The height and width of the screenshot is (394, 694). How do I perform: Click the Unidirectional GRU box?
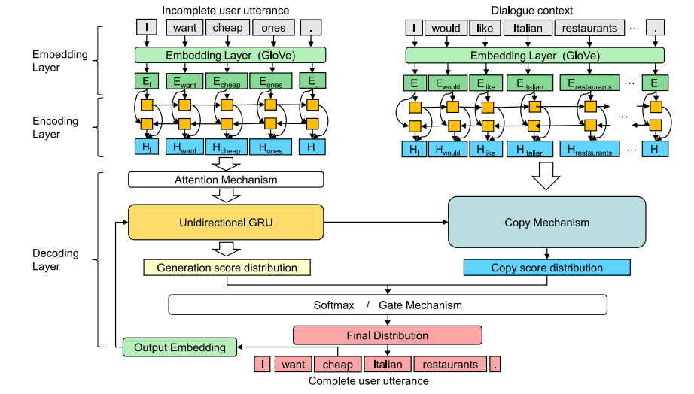[226, 223]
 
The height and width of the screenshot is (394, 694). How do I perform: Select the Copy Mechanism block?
[546, 222]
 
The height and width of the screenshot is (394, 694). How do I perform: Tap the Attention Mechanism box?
[226, 180]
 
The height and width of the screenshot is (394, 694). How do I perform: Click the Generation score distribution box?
[227, 268]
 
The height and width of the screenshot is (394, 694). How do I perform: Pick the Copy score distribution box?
[546, 268]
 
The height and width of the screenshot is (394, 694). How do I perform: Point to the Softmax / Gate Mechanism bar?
[387, 305]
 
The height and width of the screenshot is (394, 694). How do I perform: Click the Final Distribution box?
[387, 335]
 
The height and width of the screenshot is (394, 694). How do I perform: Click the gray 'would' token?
[446, 29]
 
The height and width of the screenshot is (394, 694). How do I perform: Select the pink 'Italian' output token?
[388, 365]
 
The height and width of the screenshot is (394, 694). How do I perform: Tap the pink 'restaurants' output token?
[449, 365]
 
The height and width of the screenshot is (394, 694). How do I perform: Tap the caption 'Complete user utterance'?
[368, 381]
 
